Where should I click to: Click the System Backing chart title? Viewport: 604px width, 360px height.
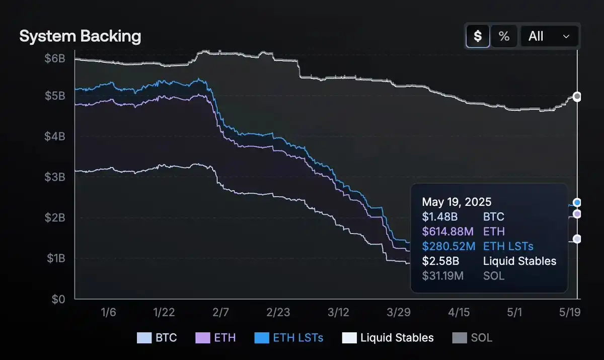click(80, 36)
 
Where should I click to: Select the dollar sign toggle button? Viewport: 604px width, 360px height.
click(478, 36)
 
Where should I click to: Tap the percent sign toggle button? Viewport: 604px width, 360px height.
click(504, 36)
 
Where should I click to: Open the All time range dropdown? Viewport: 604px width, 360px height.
click(549, 36)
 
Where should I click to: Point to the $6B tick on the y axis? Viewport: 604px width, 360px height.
click(55, 58)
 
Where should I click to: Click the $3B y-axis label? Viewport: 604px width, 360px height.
click(55, 177)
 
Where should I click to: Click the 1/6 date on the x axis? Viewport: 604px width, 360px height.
click(108, 313)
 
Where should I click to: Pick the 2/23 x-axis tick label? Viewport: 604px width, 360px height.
click(278, 313)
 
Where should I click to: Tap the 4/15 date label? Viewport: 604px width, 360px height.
click(459, 313)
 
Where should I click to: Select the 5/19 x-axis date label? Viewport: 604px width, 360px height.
click(570, 313)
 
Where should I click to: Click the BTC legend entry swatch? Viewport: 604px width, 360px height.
click(144, 338)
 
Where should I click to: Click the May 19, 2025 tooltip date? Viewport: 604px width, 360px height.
click(457, 202)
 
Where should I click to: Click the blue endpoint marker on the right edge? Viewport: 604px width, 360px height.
click(577, 202)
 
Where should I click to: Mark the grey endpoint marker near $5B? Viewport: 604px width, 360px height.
click(577, 96)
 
